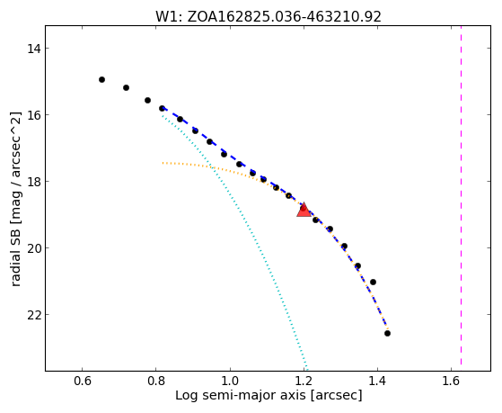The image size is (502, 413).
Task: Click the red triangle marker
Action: point(304,210)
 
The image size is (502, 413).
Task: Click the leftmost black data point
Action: point(101,79)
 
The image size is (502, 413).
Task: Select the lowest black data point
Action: point(387,334)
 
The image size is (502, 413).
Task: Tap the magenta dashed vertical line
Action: point(461,195)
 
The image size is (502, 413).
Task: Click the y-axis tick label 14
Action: point(33,49)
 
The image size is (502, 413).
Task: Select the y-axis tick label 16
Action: point(33,115)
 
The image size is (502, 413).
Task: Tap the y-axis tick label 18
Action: point(33,182)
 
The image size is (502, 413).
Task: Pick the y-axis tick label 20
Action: point(33,248)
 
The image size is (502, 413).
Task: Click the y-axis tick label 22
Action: point(33,315)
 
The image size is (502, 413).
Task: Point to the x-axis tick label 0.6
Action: point(83,381)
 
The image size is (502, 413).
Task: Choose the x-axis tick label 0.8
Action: point(156,381)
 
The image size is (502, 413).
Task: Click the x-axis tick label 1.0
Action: point(230,381)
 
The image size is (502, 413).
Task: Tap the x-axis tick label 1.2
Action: point(304,381)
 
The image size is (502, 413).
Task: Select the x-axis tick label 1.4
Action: point(377,381)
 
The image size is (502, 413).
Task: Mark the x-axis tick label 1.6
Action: point(451,381)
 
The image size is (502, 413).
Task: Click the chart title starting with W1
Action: point(269,16)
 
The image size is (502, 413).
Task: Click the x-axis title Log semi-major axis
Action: point(269,396)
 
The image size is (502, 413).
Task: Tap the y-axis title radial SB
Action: point(15,199)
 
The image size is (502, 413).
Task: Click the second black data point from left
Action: point(126,87)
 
